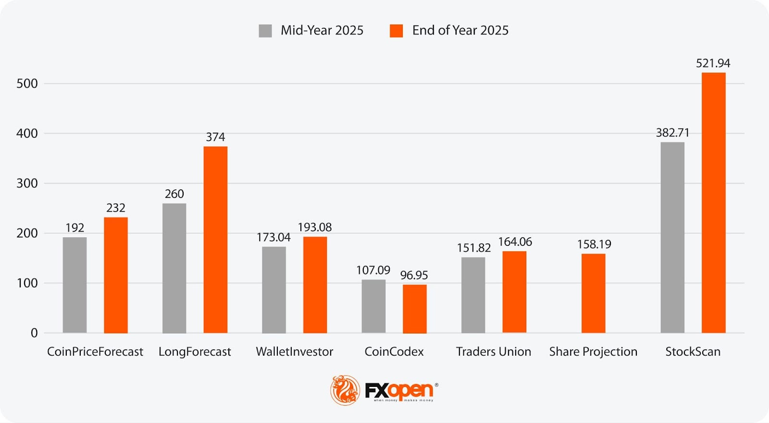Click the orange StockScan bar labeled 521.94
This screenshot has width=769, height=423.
pyautogui.click(x=713, y=203)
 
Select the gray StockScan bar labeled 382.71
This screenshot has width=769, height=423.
pyautogui.click(x=672, y=237)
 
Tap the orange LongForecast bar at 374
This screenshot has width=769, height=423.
pyautogui.click(x=215, y=240)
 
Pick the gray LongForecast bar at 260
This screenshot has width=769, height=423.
pyautogui.click(x=174, y=268)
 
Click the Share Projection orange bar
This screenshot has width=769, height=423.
pyautogui.click(x=593, y=293)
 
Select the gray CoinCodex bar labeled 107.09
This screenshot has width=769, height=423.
pyautogui.click(x=373, y=306)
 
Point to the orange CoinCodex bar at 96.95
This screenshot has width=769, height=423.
pyautogui.click(x=414, y=308)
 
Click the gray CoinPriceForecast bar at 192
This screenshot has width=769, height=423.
pyautogui.click(x=74, y=285)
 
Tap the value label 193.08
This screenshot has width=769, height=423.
pyautogui.click(x=314, y=227)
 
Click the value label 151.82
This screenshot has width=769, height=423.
pyautogui.click(x=473, y=248)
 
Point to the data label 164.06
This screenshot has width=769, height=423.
pyautogui.click(x=515, y=242)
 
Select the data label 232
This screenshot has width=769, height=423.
pyautogui.click(x=116, y=208)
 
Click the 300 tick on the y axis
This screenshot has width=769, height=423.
pyautogui.click(x=27, y=183)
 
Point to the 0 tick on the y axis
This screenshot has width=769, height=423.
pyautogui.click(x=34, y=333)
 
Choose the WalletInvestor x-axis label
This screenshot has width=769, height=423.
pyautogui.click(x=294, y=352)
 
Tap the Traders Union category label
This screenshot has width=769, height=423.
pyautogui.click(x=493, y=352)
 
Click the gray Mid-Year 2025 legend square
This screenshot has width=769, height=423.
pyautogui.click(x=265, y=31)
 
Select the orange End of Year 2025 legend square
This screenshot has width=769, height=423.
pyautogui.click(x=396, y=31)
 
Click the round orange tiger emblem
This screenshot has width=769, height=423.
pyautogui.click(x=345, y=390)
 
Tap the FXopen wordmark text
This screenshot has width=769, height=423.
pyautogui.click(x=399, y=390)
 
